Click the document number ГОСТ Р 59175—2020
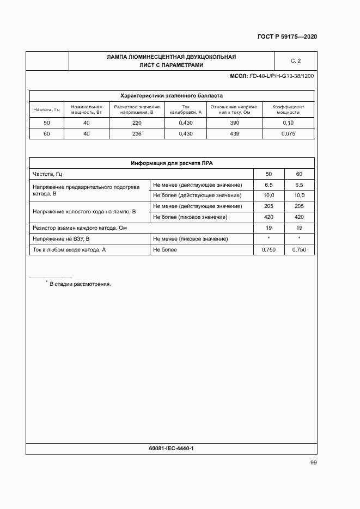tap(286, 36)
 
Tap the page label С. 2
tap(295, 60)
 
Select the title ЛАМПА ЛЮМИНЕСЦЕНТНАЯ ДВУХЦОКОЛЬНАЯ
tap(172, 57)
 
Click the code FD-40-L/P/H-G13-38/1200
tap(281, 76)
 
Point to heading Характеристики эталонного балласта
tap(172, 95)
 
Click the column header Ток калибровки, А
tap(186, 109)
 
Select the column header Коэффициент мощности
tap(288, 109)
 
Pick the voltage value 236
tap(137, 133)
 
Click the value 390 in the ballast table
tap(234, 123)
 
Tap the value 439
tap(234, 133)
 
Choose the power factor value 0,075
tap(288, 133)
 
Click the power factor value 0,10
tap(288, 123)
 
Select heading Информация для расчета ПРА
tap(172, 163)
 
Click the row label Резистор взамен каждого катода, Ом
tap(80, 228)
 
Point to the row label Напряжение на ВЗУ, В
tap(61, 238)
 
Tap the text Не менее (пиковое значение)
tap(190, 238)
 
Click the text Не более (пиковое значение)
tap(190, 217)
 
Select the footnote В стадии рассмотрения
tap(80, 284)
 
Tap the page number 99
tap(313, 462)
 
